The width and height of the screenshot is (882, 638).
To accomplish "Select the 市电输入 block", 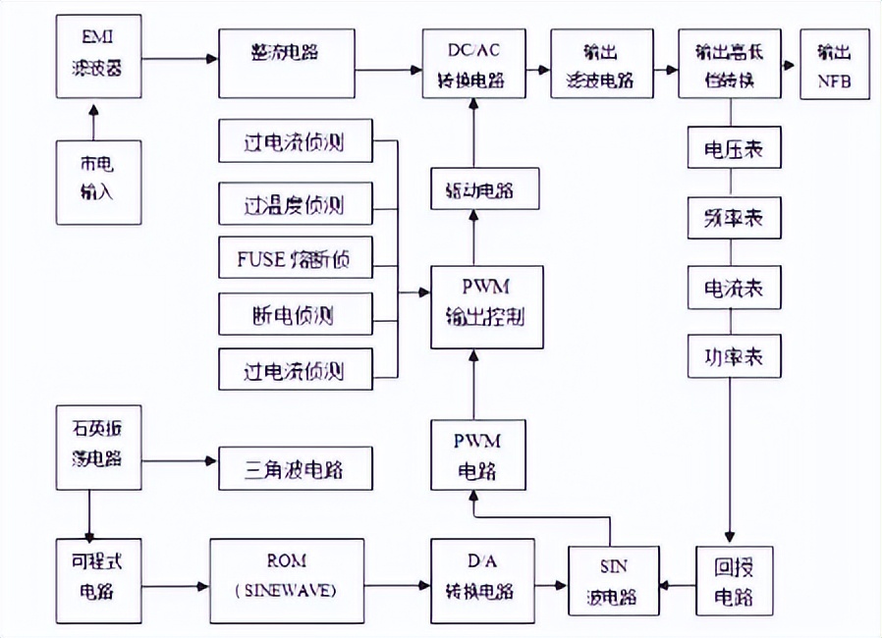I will click(x=95, y=182).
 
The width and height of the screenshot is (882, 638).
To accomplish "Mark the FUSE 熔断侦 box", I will click(x=296, y=261).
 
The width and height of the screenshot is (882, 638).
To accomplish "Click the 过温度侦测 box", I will click(x=296, y=205).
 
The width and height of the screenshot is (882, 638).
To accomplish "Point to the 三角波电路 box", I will click(x=296, y=468).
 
